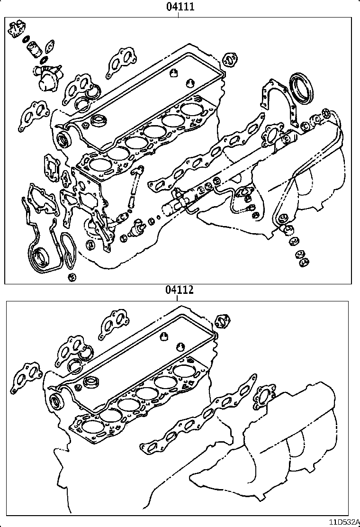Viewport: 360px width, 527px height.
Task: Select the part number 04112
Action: [180, 290]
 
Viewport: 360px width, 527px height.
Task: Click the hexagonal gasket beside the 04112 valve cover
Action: [222, 321]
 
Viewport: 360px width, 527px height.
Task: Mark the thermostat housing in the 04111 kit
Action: [46, 77]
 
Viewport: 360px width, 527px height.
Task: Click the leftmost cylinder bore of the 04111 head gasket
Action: [99, 164]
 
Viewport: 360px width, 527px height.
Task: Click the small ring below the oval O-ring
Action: [72, 277]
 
